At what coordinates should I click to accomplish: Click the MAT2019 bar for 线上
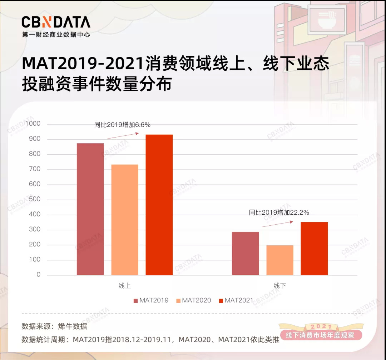[x=90, y=209]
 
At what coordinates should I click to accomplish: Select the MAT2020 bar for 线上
[x=125, y=220]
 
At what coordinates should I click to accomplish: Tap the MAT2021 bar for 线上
[x=159, y=205]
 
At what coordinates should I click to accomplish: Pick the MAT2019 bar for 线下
[x=246, y=253]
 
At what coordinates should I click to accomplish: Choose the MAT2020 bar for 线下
[x=280, y=260]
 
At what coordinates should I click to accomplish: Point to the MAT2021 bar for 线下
[x=314, y=249]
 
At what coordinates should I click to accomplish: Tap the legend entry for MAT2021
[x=236, y=300]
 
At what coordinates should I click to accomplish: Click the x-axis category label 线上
[x=125, y=286]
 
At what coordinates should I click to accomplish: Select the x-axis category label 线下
[x=280, y=286]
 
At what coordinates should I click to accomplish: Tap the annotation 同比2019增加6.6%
[x=122, y=125]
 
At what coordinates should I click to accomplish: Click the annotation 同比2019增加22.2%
[x=279, y=212]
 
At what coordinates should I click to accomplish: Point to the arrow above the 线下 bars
[x=277, y=224]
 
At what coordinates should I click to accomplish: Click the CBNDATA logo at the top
[x=56, y=22]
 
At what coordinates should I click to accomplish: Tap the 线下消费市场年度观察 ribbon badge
[x=321, y=335]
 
